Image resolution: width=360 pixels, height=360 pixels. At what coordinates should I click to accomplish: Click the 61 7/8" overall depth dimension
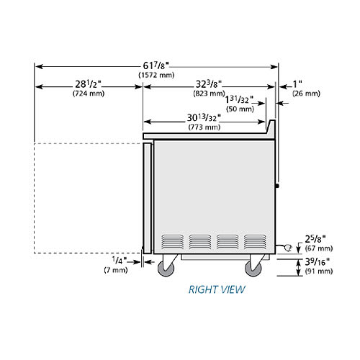(x=156, y=66)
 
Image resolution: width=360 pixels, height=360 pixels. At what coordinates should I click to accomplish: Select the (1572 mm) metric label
(x=156, y=75)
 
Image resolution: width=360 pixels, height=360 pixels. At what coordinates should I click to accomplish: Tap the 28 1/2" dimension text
(x=88, y=84)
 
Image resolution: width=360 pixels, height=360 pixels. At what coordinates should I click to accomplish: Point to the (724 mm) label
(x=89, y=94)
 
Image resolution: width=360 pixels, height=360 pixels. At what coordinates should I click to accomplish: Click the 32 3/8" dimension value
(x=209, y=84)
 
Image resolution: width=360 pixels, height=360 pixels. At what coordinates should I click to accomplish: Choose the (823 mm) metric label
(x=209, y=94)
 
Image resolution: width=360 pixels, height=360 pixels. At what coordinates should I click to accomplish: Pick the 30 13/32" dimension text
(x=204, y=117)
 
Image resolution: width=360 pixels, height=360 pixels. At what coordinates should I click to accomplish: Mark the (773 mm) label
(x=204, y=127)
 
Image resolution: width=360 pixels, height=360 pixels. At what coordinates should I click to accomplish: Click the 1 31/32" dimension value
(x=239, y=99)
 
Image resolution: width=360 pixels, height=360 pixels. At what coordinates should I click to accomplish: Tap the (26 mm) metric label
(x=306, y=94)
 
